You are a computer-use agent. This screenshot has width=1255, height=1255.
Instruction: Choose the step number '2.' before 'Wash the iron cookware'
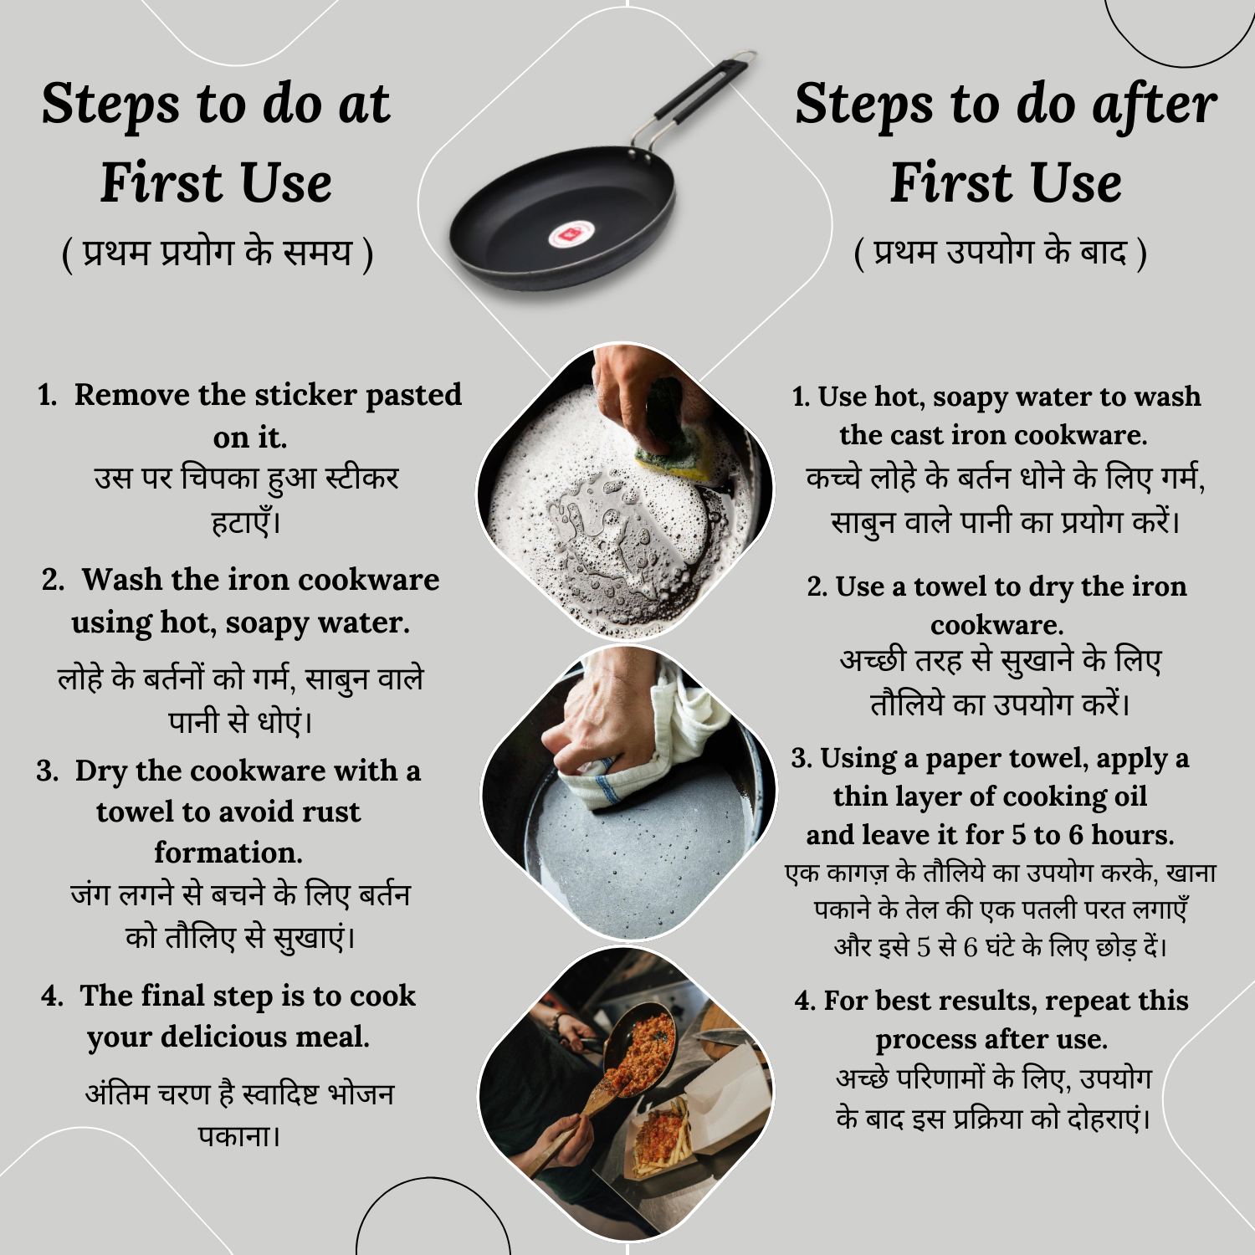tap(53, 580)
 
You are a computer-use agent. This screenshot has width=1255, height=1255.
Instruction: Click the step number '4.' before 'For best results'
tap(805, 1001)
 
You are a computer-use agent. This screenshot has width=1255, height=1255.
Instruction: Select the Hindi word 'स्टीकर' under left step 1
tap(361, 479)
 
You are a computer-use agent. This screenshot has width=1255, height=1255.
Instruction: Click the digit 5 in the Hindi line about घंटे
tap(923, 948)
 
